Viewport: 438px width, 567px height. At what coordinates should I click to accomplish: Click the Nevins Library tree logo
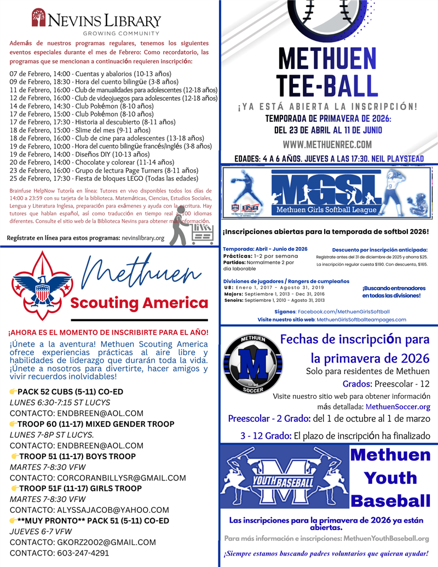click(x=38, y=18)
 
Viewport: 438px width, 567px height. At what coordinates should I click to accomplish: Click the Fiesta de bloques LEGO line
click(x=103, y=178)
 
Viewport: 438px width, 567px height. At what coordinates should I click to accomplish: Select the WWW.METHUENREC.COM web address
click(x=327, y=145)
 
